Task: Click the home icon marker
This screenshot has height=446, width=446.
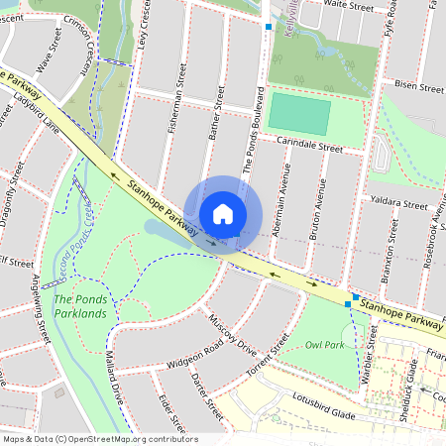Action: (x=223, y=214)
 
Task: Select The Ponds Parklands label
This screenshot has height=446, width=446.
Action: (x=86, y=306)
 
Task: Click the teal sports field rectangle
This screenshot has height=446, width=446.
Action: (x=299, y=115)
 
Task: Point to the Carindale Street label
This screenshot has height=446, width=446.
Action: (x=308, y=146)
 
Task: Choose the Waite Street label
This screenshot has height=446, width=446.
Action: (x=348, y=5)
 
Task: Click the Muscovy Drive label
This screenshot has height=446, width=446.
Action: (x=233, y=335)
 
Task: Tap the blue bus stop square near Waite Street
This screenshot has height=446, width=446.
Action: (x=268, y=27)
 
